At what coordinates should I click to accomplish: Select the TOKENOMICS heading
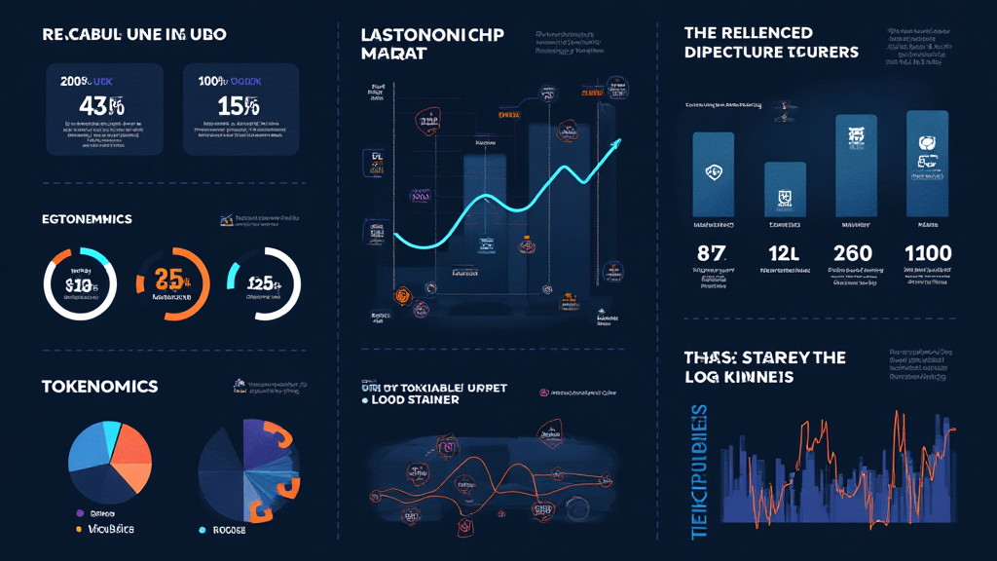pos(99,387)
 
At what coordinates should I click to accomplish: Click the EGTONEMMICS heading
pos(87,219)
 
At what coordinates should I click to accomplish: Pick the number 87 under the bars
pos(713,254)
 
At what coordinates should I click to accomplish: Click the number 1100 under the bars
pos(927,254)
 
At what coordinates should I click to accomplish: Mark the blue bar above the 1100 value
pos(927,163)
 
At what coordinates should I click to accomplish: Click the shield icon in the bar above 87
pos(713,173)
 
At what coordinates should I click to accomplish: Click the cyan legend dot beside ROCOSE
pos(202,530)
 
